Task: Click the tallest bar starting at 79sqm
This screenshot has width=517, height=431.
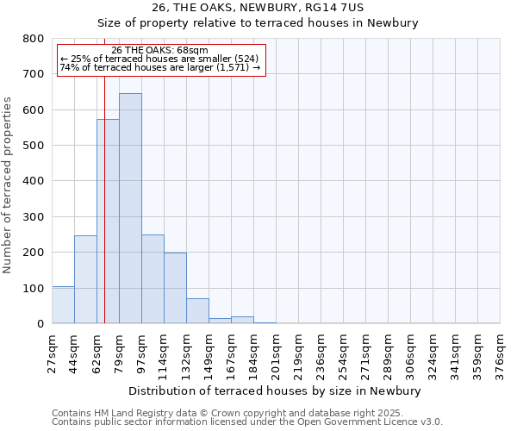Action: coord(130,209)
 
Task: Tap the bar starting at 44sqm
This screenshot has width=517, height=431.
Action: coord(85,279)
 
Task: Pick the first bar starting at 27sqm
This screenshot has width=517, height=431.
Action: coord(63,305)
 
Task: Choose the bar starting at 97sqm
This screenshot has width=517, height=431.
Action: coord(153,279)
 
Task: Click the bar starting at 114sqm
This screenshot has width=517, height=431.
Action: coord(175,288)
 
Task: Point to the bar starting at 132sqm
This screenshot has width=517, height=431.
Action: coord(197,311)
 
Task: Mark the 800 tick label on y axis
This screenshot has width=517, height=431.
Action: coord(33,39)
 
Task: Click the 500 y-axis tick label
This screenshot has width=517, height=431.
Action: coord(33,146)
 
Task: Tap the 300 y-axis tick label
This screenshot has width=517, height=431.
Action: coord(33,217)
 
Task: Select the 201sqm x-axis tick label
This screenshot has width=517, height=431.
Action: coord(277,353)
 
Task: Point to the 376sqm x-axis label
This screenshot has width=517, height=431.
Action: coord(501,353)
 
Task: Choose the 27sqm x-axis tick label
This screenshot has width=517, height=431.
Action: coord(53,353)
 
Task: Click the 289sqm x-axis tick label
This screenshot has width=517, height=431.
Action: coord(389,353)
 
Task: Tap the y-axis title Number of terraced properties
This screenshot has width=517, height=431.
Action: coord(9,185)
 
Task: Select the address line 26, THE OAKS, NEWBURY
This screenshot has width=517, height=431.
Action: coord(258,8)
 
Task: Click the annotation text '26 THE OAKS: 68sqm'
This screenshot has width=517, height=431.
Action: coord(159,51)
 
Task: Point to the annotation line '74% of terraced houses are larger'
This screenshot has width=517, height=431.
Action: coord(159,67)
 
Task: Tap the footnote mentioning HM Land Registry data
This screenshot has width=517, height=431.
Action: coord(246,414)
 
